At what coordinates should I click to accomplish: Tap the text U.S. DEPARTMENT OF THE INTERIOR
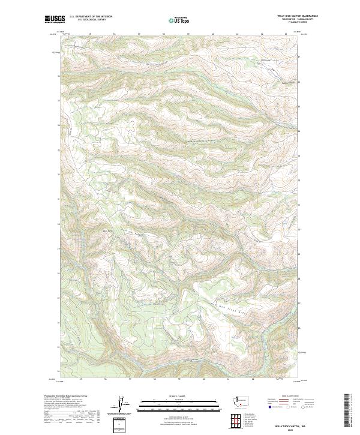point(91,17)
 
